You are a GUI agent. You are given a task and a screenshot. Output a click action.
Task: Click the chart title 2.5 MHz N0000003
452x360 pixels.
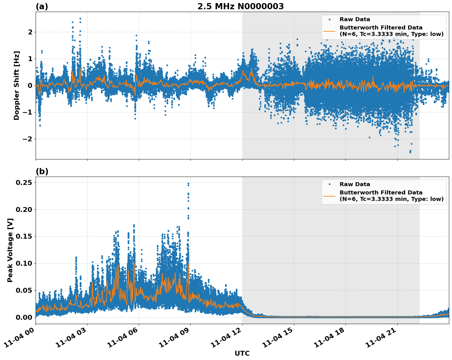coord(240,6)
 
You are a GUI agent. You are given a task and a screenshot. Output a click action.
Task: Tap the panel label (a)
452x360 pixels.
coord(42,6)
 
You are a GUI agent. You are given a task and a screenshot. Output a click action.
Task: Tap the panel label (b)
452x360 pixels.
coord(42,171)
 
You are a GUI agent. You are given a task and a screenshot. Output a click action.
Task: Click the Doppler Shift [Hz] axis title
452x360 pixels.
coord(17,85)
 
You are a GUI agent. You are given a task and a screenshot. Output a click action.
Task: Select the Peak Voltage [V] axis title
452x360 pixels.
coord(10,250)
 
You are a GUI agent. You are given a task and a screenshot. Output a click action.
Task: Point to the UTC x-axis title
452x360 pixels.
coord(242,353)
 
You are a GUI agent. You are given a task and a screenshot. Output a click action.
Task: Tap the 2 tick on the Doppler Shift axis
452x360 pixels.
coord(30,32)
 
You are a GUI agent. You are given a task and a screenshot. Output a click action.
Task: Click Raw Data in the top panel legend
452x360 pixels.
coord(355,19)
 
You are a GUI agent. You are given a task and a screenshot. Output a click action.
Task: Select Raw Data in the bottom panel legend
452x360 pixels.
coord(355,184)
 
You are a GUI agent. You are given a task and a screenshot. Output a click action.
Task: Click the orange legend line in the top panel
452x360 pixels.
coord(329,31)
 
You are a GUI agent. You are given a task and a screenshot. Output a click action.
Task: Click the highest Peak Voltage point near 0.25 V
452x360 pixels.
coord(188,183)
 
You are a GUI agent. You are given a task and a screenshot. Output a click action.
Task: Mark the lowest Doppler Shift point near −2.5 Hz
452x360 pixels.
coord(410,152)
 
